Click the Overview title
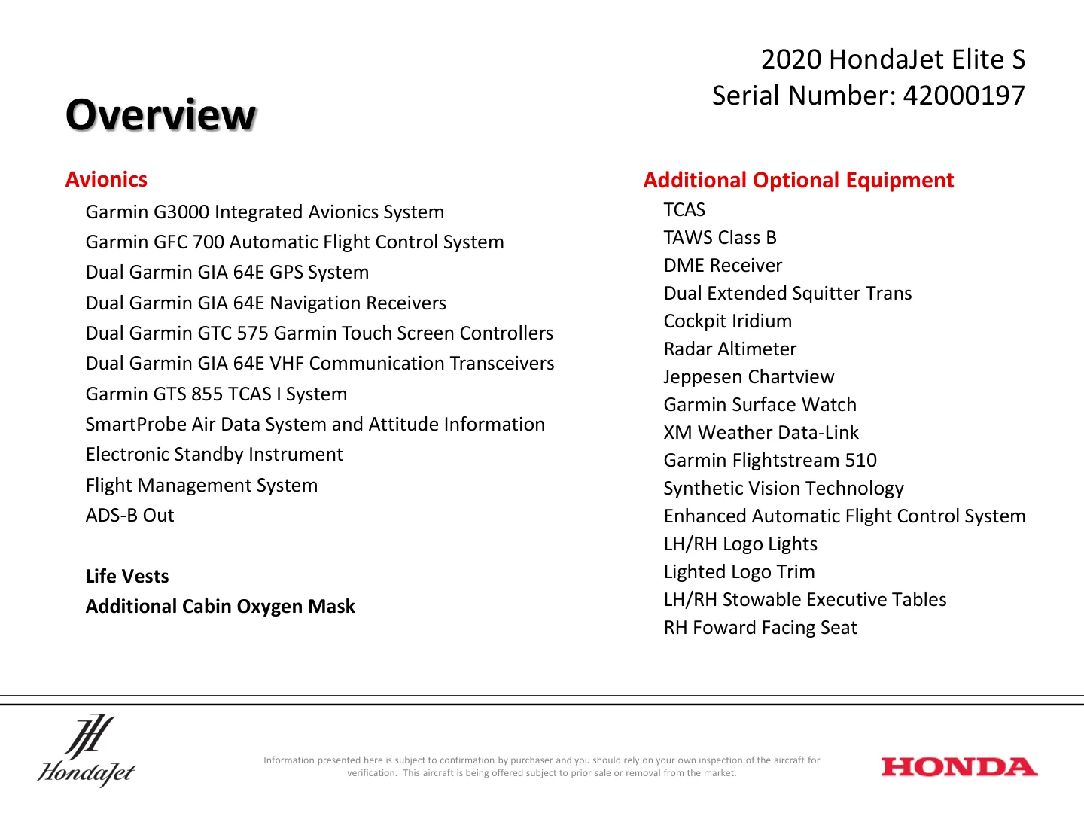tap(160, 115)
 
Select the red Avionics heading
tap(106, 180)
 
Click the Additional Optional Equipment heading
tap(798, 181)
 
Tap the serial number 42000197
tap(964, 96)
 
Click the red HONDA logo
tap(959, 767)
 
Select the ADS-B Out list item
tap(129, 516)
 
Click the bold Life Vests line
tap(127, 577)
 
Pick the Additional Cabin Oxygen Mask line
tap(220, 607)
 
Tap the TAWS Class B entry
tap(720, 238)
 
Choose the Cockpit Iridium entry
tap(727, 321)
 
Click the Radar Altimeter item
tap(729, 349)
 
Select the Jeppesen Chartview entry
tap(748, 377)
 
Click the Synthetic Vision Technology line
tap(783, 489)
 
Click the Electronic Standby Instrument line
tap(214, 455)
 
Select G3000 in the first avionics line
tap(181, 212)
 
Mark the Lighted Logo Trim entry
tap(738, 572)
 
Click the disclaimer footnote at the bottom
tap(541, 766)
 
